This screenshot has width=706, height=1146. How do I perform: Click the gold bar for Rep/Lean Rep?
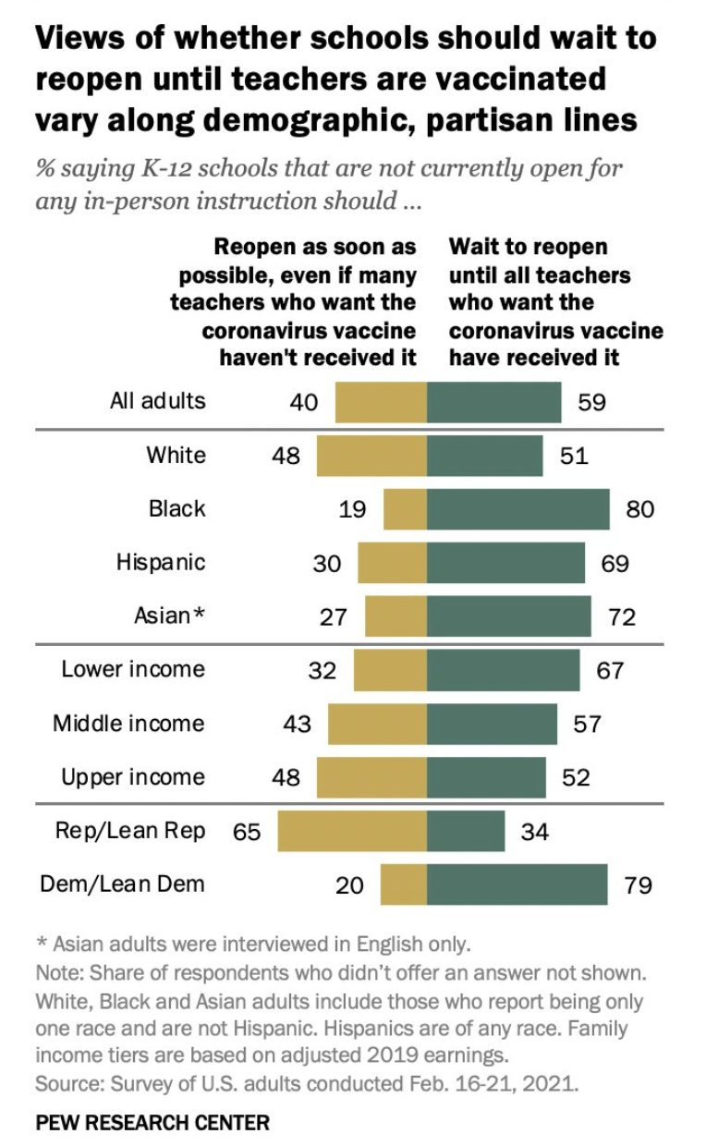pos(352,832)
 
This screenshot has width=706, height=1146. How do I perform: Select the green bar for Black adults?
pos(517,508)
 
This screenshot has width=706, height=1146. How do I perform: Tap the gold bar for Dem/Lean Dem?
pos(404,885)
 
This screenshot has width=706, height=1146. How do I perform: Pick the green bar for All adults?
pos(493,402)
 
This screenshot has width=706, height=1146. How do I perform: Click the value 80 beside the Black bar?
pos(640,509)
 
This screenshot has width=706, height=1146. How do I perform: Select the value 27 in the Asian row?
pos(334,616)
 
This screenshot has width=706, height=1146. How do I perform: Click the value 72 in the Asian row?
pos(622,616)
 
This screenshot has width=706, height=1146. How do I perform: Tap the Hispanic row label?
pos(161,562)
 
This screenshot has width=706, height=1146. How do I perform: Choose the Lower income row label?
pos(133,669)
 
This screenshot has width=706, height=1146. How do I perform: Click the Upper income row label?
pos(133,777)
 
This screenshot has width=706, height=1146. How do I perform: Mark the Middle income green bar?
pos(492,724)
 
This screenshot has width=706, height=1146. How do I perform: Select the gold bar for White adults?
pos(371,456)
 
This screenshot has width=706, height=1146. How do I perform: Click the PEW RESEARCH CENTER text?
pos(152,1124)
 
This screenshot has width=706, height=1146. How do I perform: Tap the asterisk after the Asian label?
pos(199,615)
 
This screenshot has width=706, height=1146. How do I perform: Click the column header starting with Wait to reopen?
pos(555,301)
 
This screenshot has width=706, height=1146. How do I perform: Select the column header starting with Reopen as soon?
pos(294,301)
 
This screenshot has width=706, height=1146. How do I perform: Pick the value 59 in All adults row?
pos(592,403)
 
